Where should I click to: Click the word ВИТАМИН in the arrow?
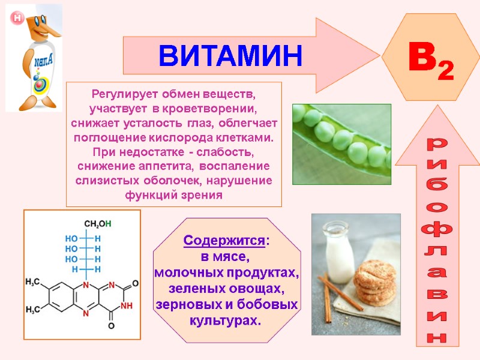(x=231, y=55)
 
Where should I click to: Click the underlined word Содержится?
(x=224, y=241)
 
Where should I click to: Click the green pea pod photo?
(x=341, y=144)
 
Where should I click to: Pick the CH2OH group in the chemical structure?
(x=97, y=224)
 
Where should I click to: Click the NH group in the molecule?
(x=127, y=305)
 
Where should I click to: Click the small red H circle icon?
(x=17, y=19)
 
